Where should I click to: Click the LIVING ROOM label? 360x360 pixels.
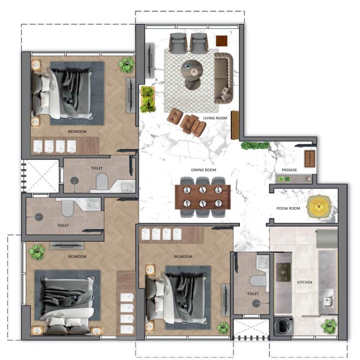click(x=215, y=118)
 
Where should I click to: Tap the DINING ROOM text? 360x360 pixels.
click(x=203, y=170)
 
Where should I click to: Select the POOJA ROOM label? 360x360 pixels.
click(x=288, y=208)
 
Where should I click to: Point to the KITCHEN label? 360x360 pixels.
click(x=305, y=282)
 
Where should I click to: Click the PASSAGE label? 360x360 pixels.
click(x=289, y=170)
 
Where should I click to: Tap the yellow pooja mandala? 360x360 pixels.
click(x=319, y=206)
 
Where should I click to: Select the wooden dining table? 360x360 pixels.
click(x=203, y=197)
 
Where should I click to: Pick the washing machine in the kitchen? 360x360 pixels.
click(x=284, y=326)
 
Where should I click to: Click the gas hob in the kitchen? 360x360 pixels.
click(x=283, y=272)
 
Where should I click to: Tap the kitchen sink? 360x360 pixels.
click(x=328, y=298)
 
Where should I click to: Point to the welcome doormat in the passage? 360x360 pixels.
click(x=310, y=158)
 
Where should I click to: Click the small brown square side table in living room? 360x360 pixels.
click(x=221, y=41)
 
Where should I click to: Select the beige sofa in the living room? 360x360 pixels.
click(x=223, y=78)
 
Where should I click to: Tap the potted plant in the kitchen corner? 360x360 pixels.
click(x=329, y=326)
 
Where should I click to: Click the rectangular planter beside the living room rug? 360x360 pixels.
click(x=148, y=100)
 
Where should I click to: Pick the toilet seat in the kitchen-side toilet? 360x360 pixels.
click(x=258, y=281)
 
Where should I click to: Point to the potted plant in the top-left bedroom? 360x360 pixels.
click(x=126, y=65)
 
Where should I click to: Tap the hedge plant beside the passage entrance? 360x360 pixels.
click(x=255, y=146)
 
